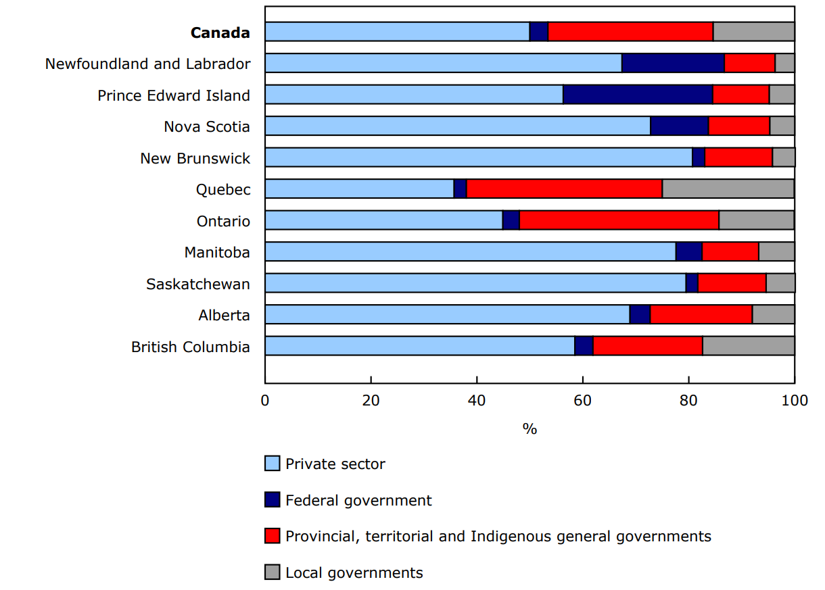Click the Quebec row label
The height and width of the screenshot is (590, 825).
[223, 189]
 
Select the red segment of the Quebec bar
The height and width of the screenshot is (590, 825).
[564, 189]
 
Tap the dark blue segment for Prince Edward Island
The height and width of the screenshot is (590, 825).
[638, 95]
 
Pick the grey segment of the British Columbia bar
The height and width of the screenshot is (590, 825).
[749, 346]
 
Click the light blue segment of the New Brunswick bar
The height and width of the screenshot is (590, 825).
[478, 157]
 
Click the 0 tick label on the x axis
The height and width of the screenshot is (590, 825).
[265, 400]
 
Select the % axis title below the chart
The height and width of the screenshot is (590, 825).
[529, 428]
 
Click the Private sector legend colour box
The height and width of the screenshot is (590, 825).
[272, 464]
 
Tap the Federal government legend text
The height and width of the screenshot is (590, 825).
[358, 500]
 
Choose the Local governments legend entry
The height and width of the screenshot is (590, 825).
[354, 572]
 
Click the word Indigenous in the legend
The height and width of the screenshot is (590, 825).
[509, 536]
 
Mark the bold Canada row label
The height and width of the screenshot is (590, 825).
[220, 32]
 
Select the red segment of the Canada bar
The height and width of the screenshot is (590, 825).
[630, 32]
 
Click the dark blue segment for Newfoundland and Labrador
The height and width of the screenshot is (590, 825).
[673, 63]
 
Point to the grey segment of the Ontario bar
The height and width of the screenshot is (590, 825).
[756, 220]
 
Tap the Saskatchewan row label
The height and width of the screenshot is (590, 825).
[198, 284]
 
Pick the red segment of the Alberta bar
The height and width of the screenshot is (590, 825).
[701, 314]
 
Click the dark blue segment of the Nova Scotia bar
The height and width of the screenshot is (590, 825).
[679, 126]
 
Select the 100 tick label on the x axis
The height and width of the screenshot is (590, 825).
[794, 400]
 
